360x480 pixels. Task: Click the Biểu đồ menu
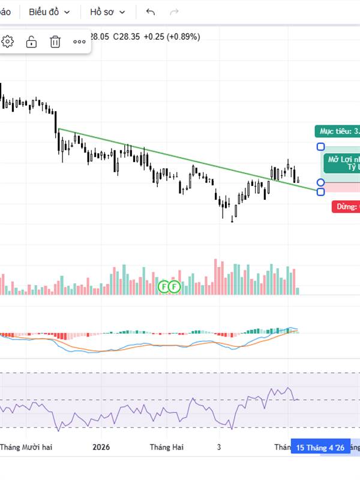(49, 12)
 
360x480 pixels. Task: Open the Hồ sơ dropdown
(108, 12)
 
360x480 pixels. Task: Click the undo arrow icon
(150, 12)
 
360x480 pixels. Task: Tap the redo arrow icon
(175, 12)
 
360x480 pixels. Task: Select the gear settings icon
(8, 41)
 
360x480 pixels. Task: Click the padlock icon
(31, 41)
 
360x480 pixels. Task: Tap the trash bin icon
(55, 41)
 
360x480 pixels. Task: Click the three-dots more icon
(79, 41)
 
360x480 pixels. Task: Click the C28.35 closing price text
(127, 37)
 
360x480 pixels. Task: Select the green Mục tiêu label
(337, 131)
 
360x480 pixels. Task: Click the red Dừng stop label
(346, 207)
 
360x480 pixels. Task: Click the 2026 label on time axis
(102, 447)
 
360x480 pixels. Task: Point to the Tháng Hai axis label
(167, 447)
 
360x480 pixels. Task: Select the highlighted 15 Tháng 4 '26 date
(320, 448)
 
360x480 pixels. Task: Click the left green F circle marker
(164, 286)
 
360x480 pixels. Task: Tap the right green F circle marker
(175, 286)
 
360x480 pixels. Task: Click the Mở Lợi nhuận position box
(342, 163)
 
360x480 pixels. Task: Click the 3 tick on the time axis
(219, 447)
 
